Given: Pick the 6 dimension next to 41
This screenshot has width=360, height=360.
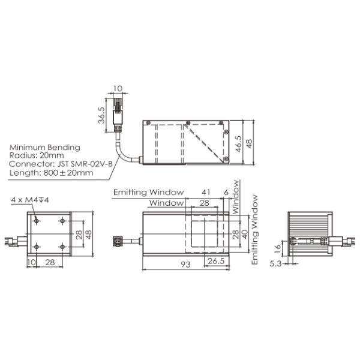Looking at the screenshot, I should tap(226, 192).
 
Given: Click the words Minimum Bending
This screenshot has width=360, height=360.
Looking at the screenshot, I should tap(44, 147).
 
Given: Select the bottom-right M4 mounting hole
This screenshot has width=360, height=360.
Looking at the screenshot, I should tap(62, 247).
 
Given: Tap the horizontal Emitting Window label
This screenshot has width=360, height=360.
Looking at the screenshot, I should tap(148, 192).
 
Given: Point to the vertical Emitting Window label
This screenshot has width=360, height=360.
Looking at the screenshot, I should tap(255, 229).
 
